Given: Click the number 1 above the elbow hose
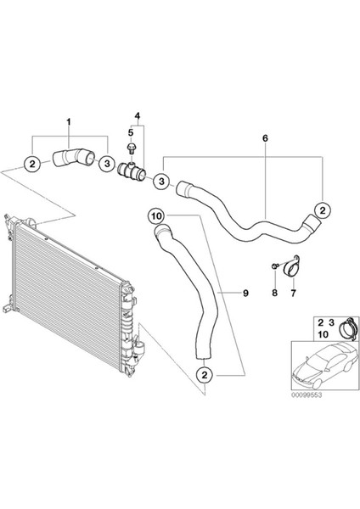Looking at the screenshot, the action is pos(69,122).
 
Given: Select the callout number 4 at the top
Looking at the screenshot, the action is pos(138,116).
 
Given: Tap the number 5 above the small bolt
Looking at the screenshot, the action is pos(131,132).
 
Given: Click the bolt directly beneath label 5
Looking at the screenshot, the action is pos(132,148).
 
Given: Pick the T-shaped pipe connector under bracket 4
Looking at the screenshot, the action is pos(132,171).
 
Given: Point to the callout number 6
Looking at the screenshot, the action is pos(265,138).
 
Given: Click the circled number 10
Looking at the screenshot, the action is pos(156,215).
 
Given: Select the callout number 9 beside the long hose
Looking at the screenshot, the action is pos(245,294).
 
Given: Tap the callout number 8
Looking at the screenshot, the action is pos(274,294).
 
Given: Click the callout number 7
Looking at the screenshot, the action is pos(293,294).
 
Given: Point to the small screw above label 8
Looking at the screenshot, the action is pos(274,266).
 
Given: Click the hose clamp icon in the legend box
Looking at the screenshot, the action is pos(348,327).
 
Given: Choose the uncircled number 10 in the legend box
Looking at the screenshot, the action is pos(323,334).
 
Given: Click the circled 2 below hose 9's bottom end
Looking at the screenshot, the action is pos(205,375).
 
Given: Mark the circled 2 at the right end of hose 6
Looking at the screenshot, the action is pos(323,210).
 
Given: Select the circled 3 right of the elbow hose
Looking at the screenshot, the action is pos(107,164).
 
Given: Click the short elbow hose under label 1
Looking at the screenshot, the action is pos(73,157).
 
